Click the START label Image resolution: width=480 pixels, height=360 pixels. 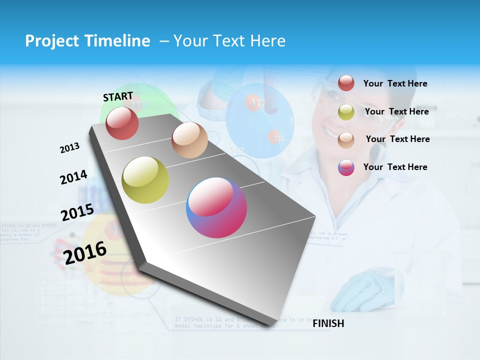pos(118,96)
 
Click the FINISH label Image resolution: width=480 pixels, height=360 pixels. pos(328,323)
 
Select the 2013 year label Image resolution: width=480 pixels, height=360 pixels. pos(69,148)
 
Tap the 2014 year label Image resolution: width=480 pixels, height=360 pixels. pos(73,177)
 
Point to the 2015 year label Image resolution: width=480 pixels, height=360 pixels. pos(77,212)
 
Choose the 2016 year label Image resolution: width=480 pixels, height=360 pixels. pos(85,252)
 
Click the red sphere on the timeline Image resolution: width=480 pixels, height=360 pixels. pos(122,123)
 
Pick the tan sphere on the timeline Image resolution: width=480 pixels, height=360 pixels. pos(189,140)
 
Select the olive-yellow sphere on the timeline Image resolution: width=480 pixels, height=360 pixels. pos(145,180)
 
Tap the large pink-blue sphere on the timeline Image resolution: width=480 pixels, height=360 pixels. pos(216,207)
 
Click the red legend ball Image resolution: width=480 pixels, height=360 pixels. pos(346,83)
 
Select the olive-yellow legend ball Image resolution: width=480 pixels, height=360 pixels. pos(346,112)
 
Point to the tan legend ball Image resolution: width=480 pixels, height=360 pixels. pos(346,139)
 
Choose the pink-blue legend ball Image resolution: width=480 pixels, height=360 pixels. pos(346,167)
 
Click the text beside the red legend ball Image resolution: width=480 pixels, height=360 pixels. pos(395,83)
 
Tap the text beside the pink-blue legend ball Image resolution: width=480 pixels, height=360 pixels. pos(395,167)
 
